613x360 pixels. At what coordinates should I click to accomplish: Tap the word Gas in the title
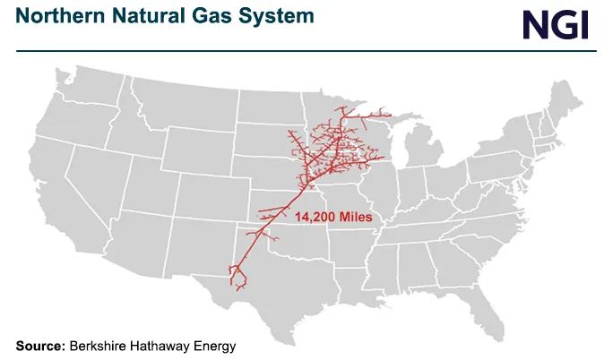pyautogui.click(x=200, y=17)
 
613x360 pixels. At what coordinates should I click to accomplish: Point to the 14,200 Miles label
pyautogui.click(x=333, y=218)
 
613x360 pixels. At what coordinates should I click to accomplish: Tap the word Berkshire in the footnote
pyautogui.click(x=100, y=345)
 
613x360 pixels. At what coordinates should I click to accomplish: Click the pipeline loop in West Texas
pyautogui.click(x=237, y=273)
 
